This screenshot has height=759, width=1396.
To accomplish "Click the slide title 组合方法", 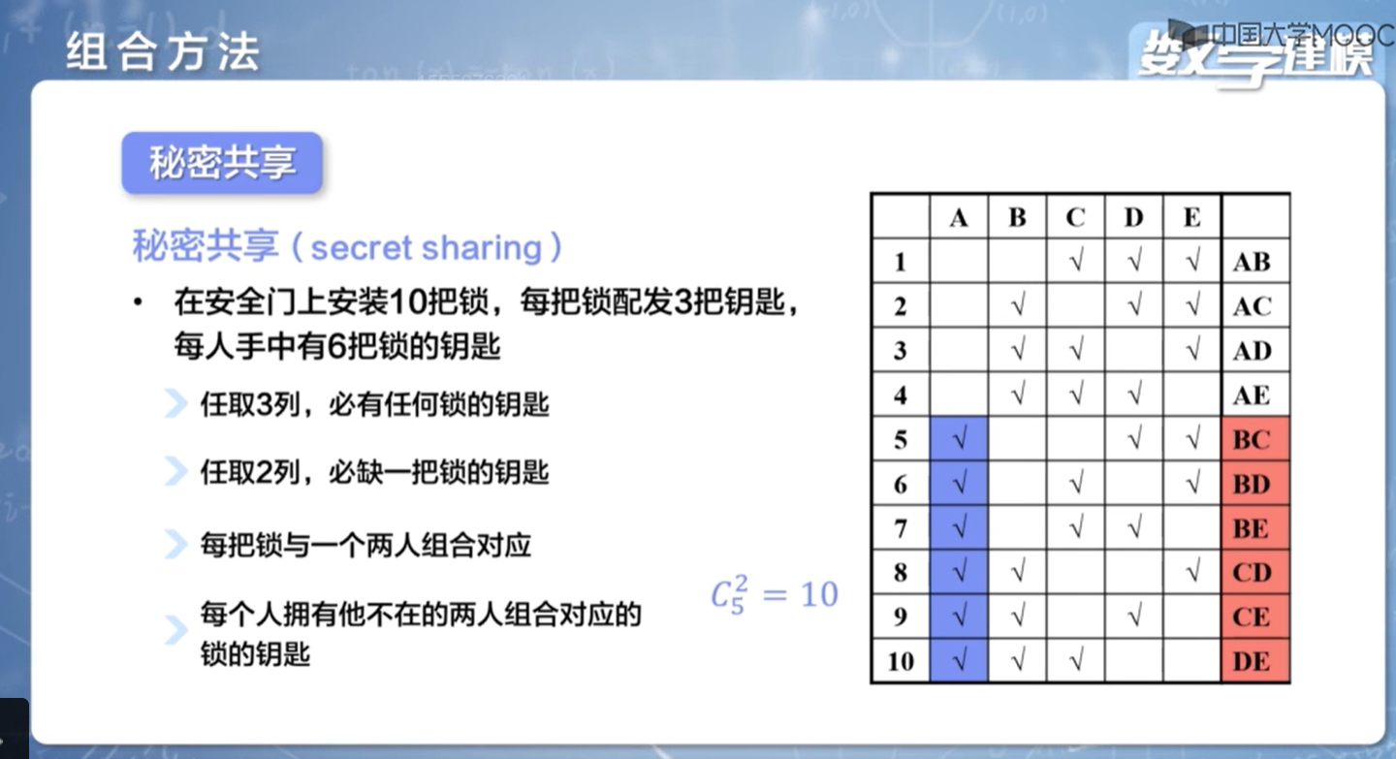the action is point(163,52).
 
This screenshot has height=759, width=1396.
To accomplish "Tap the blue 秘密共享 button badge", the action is point(222,163).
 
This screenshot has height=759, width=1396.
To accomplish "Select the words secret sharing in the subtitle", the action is point(427,247).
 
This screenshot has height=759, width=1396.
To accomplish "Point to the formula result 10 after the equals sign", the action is point(819,594).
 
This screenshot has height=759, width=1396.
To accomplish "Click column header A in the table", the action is point(959,217).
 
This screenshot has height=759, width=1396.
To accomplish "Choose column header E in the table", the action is point(1191,217).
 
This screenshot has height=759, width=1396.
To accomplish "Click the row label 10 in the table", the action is point(901,661).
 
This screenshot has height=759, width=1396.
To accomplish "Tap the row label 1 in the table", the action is point(900,262).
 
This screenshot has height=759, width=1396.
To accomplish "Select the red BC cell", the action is point(1255,439).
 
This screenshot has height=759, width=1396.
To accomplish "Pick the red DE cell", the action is point(1255,660).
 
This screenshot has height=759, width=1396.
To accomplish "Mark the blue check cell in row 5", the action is point(959,439).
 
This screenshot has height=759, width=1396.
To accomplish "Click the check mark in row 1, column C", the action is point(1076,261).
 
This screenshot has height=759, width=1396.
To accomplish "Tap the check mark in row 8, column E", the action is point(1192,572).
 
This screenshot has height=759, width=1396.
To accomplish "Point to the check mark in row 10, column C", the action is point(1076,660).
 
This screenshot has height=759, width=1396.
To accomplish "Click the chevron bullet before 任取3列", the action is point(176,404).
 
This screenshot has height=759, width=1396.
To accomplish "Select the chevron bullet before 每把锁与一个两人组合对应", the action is point(176,545).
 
